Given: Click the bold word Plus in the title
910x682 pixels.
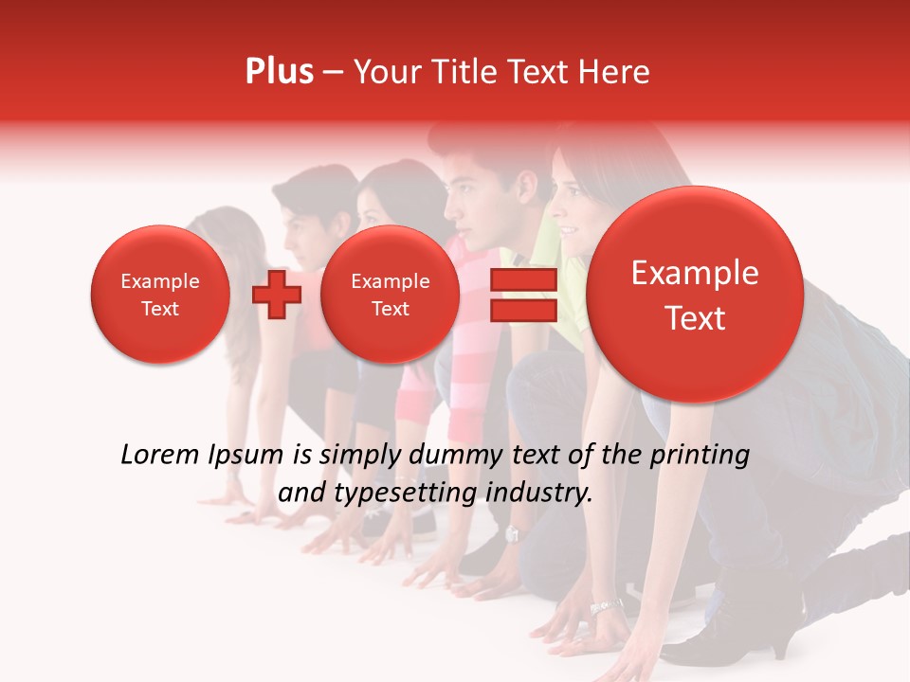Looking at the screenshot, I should pos(279,72).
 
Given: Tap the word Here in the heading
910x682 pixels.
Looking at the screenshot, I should pos(615,72).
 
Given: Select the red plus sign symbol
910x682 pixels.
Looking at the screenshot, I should pos(277,294).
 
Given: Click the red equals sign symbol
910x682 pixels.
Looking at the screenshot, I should pos(522,295).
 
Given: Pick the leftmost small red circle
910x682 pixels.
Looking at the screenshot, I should pos(159,295).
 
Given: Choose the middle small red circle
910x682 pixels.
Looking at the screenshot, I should pos(390,295).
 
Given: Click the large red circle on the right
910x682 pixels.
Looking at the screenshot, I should pos(695,295).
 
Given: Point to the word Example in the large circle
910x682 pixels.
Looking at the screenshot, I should pos(695,273).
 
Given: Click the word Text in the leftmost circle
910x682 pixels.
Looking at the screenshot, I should pos(159,309).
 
